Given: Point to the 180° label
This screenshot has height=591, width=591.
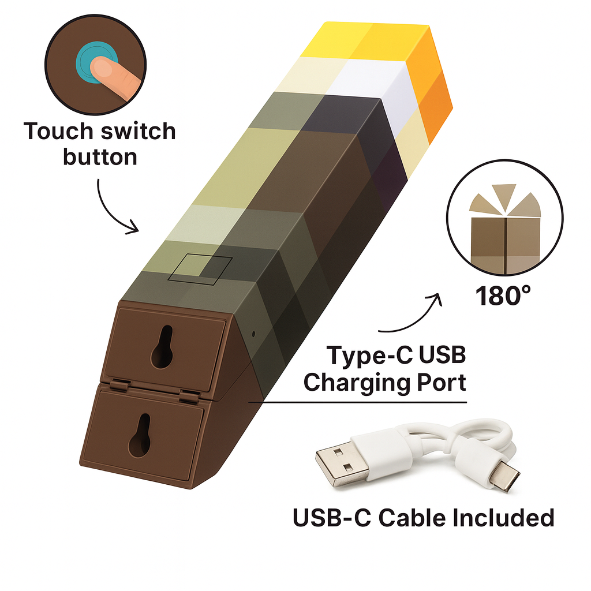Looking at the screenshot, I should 503,295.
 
